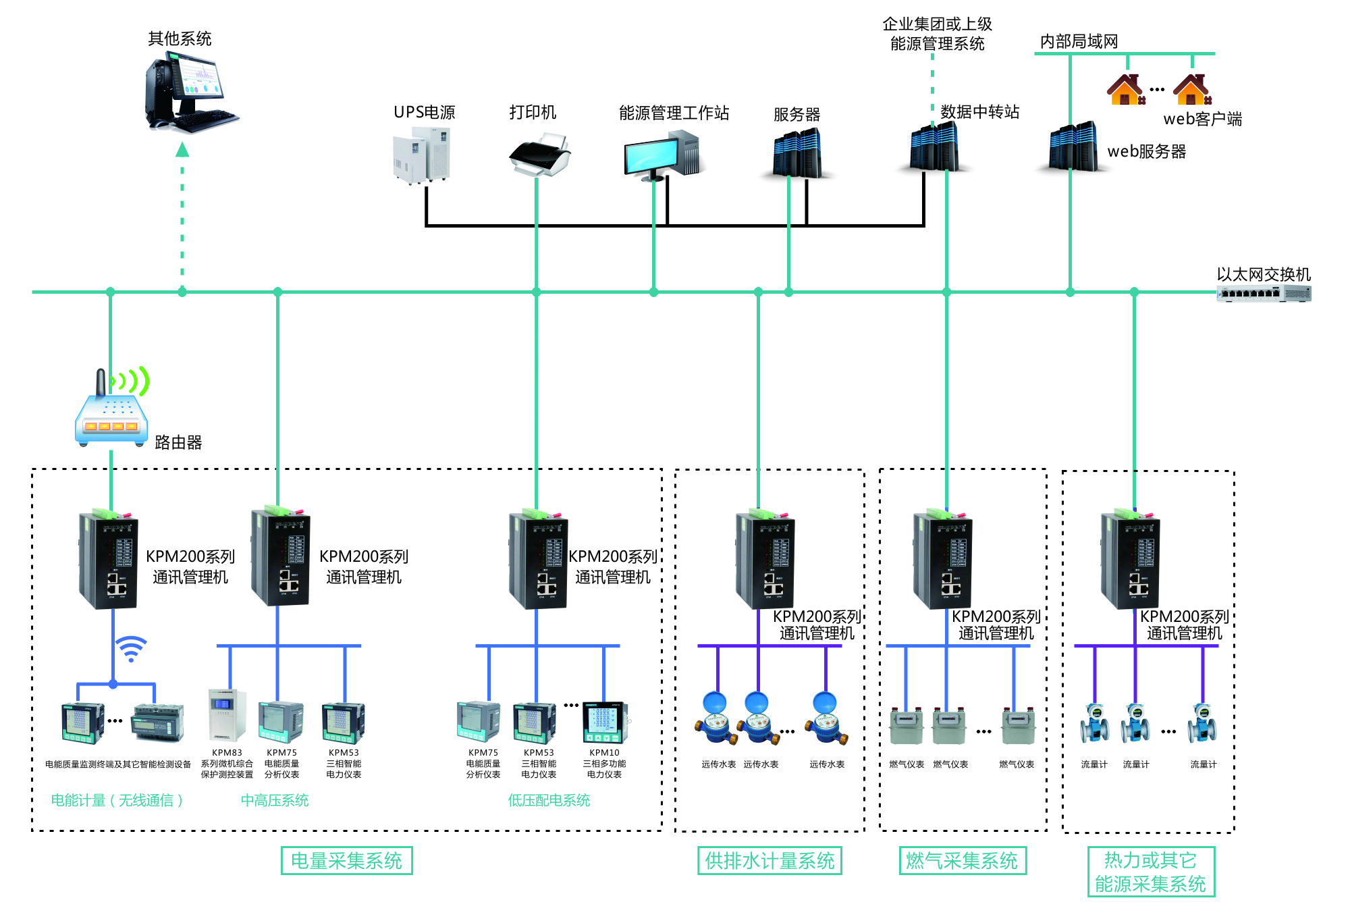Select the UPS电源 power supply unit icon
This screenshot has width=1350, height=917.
422,156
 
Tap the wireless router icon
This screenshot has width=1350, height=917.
111,411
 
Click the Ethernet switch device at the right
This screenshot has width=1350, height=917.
1264,294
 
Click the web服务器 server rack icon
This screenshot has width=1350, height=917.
1073,147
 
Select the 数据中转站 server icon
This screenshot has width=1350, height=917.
934,147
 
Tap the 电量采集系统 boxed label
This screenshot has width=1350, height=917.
346,861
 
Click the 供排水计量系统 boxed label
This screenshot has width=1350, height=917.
769,861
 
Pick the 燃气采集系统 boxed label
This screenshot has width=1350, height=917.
962,861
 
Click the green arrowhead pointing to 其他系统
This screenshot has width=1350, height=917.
182,149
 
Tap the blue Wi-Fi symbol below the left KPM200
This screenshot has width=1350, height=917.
131,648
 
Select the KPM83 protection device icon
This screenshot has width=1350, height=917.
227,715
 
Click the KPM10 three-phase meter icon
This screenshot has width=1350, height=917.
604,723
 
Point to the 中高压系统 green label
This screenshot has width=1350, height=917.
275,800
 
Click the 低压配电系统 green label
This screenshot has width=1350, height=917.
549,800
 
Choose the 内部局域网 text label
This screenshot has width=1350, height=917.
1079,42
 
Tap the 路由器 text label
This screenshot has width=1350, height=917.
178,442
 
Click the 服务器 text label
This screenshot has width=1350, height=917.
796,115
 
